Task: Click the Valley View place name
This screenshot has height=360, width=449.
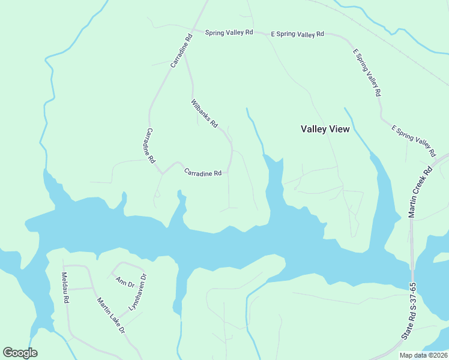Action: pos(325,129)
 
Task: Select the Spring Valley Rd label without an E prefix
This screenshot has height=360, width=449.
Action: pos(229,33)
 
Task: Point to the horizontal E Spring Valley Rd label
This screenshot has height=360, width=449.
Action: pos(297,34)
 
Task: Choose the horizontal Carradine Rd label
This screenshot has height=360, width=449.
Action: pos(203,172)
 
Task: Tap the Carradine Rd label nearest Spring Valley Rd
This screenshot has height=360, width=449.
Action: pos(181,50)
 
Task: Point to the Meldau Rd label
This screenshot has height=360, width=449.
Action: pos(65,287)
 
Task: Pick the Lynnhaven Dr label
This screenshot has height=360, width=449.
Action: pos(138,292)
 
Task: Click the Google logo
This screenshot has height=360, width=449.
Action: pos(20,353)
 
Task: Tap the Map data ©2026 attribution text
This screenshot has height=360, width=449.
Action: pos(423,355)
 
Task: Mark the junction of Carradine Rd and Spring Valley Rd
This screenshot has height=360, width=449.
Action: pos(192,29)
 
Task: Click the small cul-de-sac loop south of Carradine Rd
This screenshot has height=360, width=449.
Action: pos(157,194)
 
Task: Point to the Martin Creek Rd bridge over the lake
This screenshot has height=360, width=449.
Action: pos(412,258)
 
